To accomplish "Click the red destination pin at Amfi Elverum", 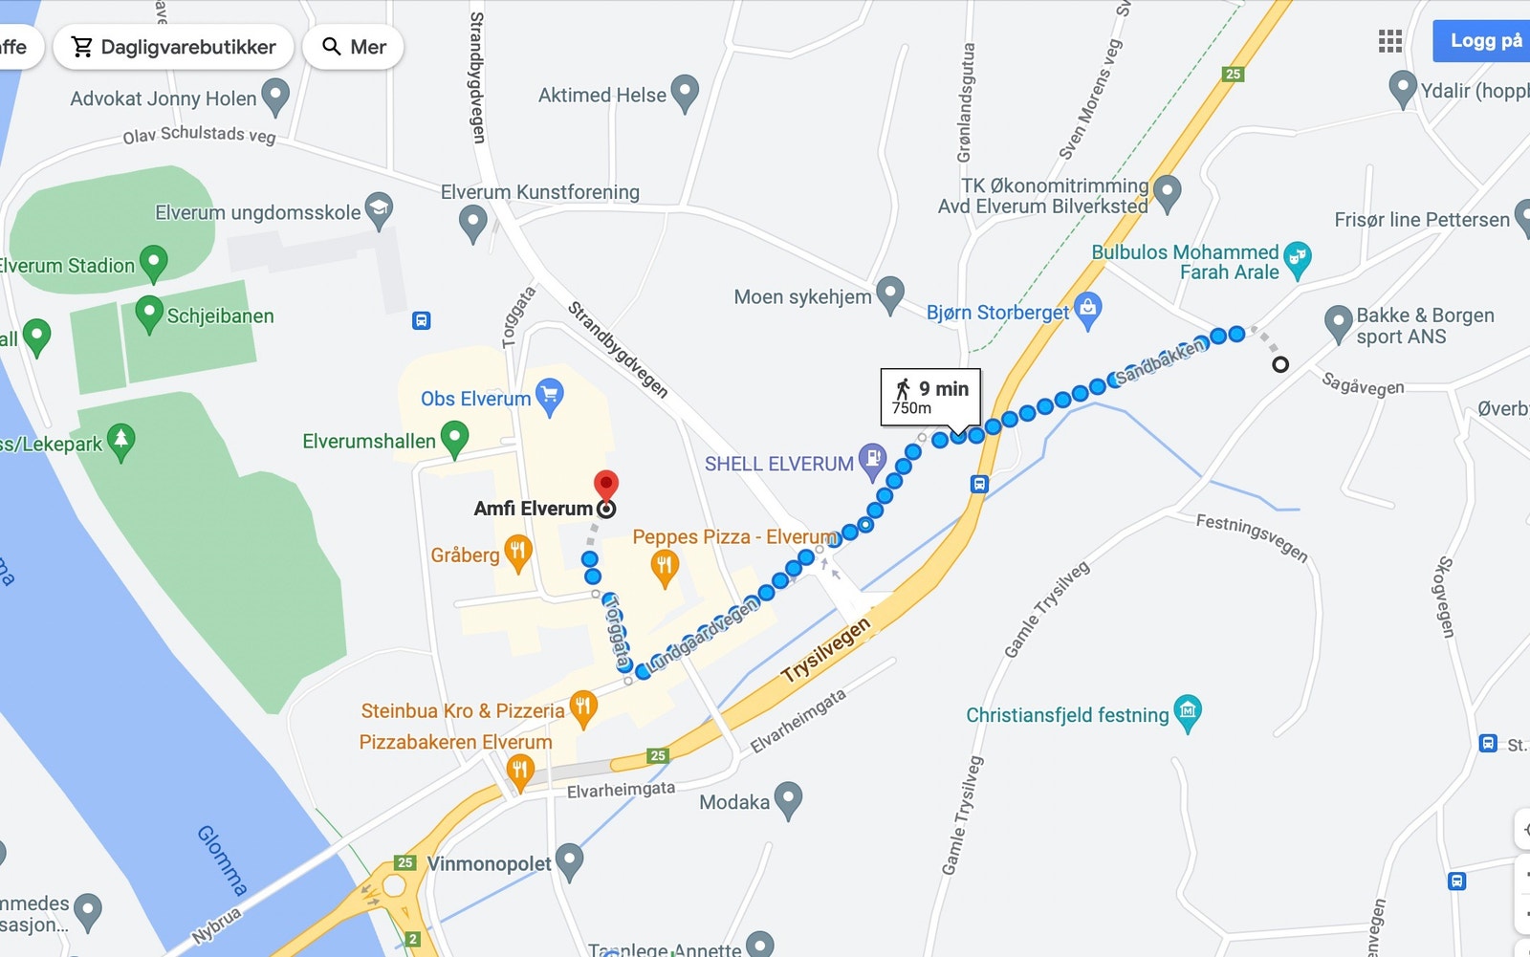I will point(606,485).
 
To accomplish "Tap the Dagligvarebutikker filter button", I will point(174,47).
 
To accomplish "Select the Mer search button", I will point(354,47).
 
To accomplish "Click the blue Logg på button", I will point(1484,40).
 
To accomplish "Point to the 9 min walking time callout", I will point(930,396).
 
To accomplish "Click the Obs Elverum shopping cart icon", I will point(550,397).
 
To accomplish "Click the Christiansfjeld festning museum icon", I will point(1188,712).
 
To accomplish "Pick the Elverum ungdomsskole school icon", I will point(380,210).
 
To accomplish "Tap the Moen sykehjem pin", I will point(890,294).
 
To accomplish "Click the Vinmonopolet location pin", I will point(569,861).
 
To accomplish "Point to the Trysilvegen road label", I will point(826,650).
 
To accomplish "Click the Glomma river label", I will point(222,859).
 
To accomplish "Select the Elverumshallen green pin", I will point(454,439).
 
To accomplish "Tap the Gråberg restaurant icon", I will point(518,553).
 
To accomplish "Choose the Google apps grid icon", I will point(1390,41).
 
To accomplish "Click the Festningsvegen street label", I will point(1252,537).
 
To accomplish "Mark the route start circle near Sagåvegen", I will point(1280,364).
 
